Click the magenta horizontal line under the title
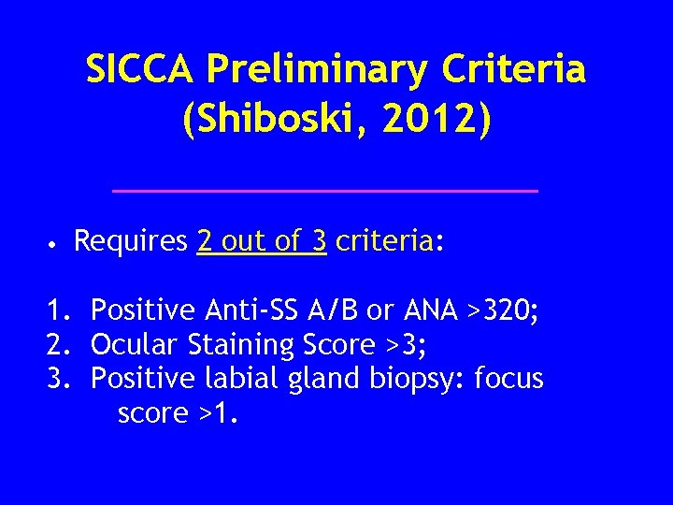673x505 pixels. click(x=324, y=190)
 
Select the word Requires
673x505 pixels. click(x=131, y=242)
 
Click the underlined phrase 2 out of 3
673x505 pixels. click(x=262, y=242)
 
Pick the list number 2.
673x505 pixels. click(x=60, y=344)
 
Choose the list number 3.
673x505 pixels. click(x=60, y=379)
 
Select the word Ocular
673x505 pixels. click(x=134, y=344)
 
